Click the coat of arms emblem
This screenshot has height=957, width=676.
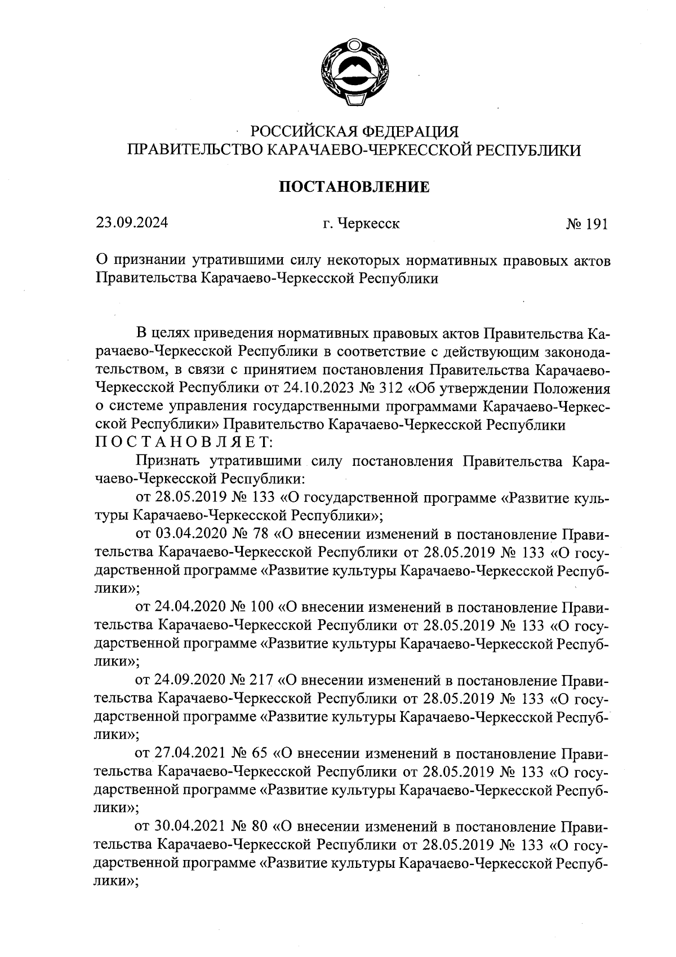(354, 73)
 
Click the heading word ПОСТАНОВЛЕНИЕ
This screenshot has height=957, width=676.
(354, 187)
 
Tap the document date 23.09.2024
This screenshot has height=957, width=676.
(131, 223)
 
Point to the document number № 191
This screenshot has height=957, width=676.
(587, 224)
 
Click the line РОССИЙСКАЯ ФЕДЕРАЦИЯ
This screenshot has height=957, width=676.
(354, 131)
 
